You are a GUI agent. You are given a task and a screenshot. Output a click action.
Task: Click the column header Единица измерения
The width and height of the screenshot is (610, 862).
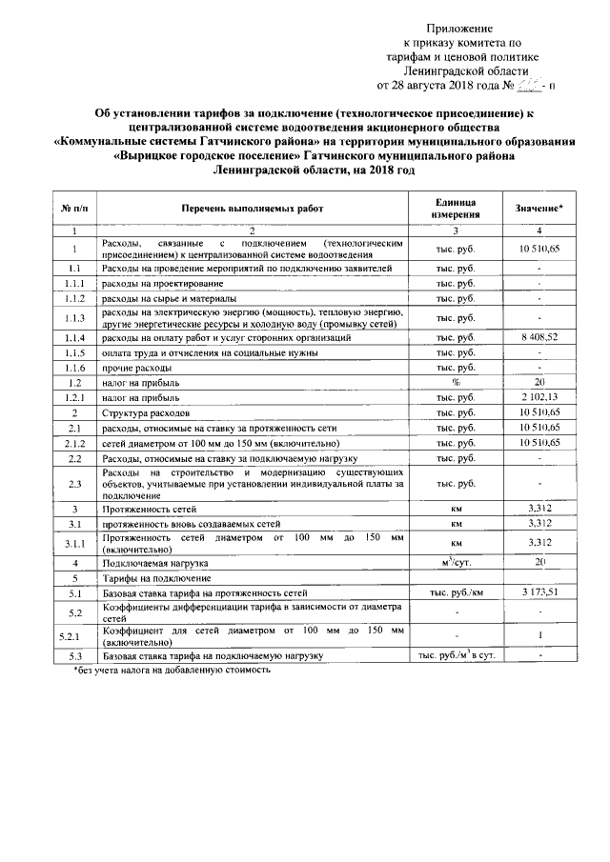[x=456, y=209]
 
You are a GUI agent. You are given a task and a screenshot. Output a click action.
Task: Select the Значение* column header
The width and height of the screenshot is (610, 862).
[x=539, y=209]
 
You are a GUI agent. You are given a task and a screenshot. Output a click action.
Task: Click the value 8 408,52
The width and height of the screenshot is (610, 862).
[x=539, y=338]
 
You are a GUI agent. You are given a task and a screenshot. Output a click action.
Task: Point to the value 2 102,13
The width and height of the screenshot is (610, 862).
[x=539, y=397]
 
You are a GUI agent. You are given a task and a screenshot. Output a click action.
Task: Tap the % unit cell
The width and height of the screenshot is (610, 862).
[x=456, y=383]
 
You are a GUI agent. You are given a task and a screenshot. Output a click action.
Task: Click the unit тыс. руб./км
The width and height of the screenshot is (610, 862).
[x=456, y=593]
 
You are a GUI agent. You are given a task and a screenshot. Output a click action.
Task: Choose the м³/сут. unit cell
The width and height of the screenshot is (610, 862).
[x=456, y=564]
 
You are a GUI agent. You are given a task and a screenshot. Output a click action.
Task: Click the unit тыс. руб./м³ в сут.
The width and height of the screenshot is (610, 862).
[x=456, y=656]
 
